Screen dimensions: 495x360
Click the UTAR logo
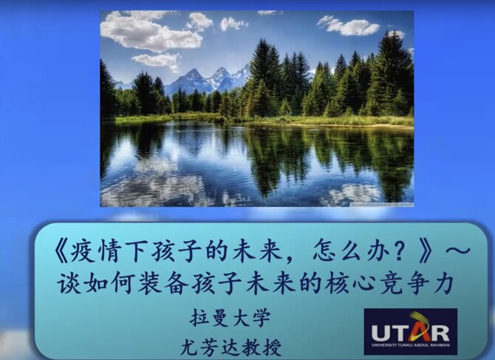[x=411, y=332]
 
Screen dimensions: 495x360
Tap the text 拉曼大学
[x=231, y=318]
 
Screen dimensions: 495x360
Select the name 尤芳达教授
[x=231, y=347]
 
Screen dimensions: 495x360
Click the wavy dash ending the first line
[x=457, y=251]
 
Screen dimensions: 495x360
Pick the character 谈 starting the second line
[x=69, y=283]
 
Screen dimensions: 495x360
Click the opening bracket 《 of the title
[x=61, y=254]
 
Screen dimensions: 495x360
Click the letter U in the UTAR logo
[x=380, y=333]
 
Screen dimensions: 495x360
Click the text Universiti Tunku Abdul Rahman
[x=411, y=345]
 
